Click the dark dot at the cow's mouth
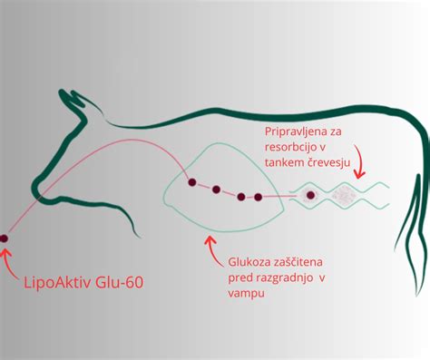tap(5, 238)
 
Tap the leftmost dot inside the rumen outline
tap(191, 183)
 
